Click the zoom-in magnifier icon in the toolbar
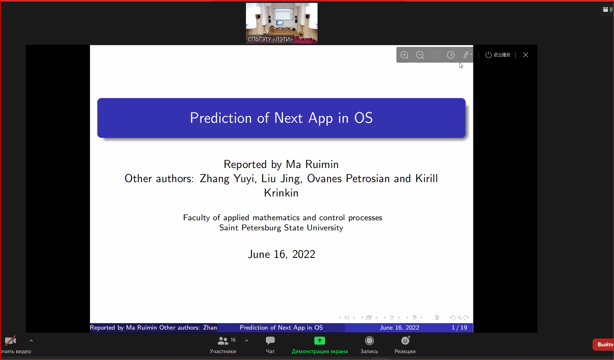pos(405,55)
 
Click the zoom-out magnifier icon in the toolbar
pos(420,55)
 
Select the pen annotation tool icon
pos(466,55)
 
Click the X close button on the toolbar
pos(526,55)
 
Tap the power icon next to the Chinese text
pos(488,55)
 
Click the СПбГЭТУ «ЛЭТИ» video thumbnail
pos(282,23)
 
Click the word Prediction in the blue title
pos(221,118)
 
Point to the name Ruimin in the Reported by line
pos(322,164)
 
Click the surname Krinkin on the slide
pos(281,193)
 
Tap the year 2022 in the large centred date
pos(304,254)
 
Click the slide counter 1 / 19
pos(459,327)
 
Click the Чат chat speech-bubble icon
pos(270,340)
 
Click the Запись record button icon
pos(369,340)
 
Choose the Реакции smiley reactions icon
pos(405,340)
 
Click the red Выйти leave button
pos(604,345)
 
